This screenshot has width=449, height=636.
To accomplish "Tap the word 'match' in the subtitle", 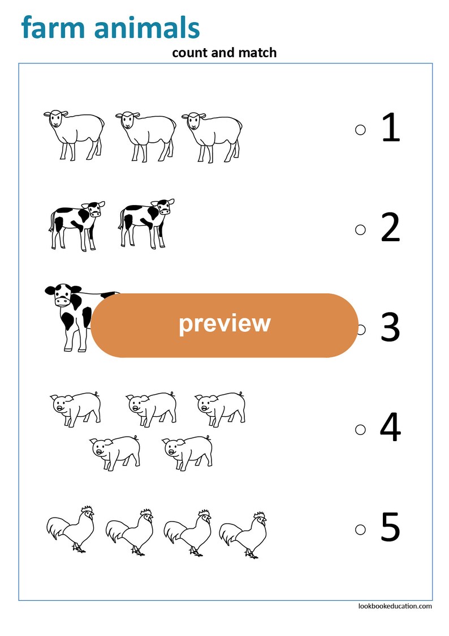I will (x=258, y=53).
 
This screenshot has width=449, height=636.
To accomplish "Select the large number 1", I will (x=391, y=128).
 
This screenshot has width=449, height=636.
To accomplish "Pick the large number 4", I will (x=390, y=428).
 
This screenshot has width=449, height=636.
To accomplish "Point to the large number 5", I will (x=390, y=528).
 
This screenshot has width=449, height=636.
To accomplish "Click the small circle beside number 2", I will (x=360, y=229).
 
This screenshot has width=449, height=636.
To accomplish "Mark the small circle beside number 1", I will (x=360, y=130).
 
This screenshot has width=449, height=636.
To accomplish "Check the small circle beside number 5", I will (x=360, y=530).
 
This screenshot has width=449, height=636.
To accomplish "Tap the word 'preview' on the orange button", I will (x=225, y=323).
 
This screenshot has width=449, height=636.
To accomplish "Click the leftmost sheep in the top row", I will (x=74, y=134).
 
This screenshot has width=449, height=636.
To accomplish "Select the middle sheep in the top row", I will (x=145, y=135).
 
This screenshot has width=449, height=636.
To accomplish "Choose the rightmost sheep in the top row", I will (x=212, y=135).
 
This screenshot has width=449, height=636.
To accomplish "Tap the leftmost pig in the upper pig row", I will (x=76, y=408).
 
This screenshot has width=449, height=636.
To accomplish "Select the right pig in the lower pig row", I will (x=188, y=451).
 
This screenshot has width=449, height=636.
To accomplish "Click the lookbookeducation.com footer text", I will (x=395, y=605).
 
